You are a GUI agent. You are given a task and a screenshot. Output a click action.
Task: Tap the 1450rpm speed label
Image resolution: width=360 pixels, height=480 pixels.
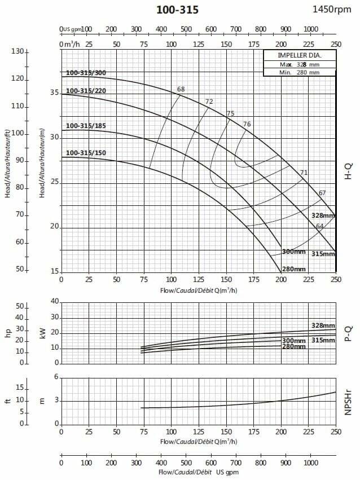coord(335,9)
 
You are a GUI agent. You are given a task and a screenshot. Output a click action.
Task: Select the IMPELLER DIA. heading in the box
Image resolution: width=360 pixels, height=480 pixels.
coord(299,56)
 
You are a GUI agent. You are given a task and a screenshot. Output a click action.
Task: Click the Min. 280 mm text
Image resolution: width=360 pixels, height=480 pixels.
coord(299,72)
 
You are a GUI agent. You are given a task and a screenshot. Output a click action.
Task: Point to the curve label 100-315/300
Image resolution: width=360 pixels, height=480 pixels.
coord(86,73)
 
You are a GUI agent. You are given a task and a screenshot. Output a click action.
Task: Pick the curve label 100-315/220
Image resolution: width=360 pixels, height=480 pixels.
coord(86,91)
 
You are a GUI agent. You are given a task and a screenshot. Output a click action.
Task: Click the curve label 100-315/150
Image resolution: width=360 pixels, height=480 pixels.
coord(86,153)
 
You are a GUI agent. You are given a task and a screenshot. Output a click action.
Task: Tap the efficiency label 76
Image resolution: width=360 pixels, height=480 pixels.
coord(247,124)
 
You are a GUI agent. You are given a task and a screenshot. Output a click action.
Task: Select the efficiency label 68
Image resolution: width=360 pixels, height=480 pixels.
coord(181,89)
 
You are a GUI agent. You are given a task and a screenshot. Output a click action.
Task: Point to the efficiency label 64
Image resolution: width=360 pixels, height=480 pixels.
coord(319,226)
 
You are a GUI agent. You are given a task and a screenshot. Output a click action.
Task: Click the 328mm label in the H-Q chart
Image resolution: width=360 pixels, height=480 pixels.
coord(323,216)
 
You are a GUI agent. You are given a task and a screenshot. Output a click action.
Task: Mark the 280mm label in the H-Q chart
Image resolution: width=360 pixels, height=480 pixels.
coord(294,268)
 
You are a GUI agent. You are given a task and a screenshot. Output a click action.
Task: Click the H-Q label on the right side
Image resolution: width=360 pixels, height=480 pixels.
coord(348,170)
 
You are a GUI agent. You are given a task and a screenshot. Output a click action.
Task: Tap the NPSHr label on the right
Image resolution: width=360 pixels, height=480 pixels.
coord(348,400)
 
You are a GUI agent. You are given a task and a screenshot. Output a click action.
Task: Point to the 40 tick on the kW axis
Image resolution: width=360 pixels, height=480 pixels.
coord(54,302)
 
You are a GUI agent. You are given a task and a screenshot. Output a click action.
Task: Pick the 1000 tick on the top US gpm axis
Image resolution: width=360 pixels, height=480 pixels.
coord(310,29)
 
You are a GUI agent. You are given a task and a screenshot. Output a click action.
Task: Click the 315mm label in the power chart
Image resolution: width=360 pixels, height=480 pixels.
coord(323,340)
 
